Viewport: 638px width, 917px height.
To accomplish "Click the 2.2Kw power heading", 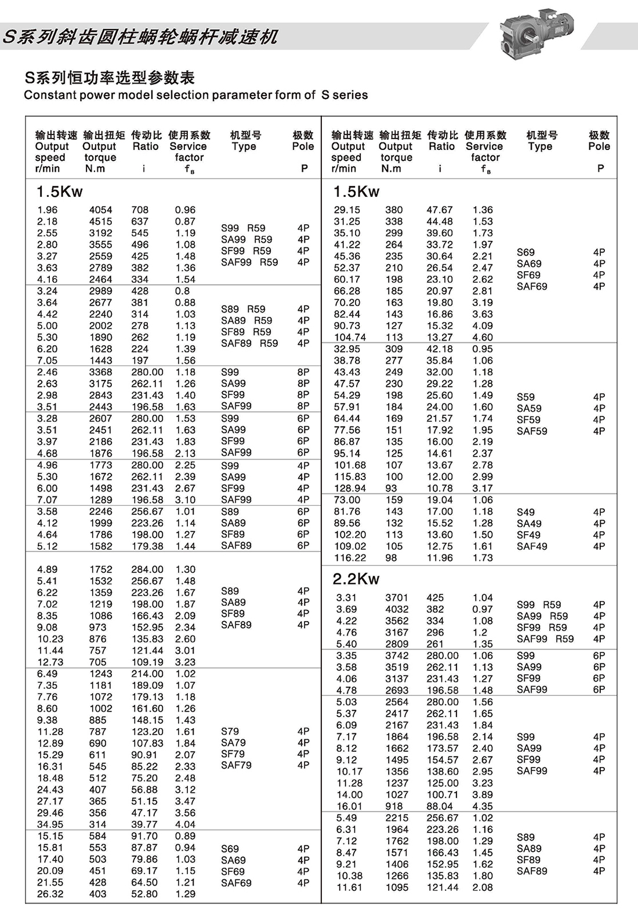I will tap(356, 579).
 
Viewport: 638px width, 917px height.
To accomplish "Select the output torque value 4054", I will tap(100, 210).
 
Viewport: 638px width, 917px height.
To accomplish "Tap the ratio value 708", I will tap(140, 210).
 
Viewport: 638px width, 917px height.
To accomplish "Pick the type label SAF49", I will tap(532, 546).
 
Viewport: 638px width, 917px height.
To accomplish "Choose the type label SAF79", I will tap(236, 765).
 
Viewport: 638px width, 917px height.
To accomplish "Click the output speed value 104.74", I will tap(350, 337).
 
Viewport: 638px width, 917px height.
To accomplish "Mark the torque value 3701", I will tap(397, 597).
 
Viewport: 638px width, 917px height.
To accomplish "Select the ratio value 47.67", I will tap(440, 210).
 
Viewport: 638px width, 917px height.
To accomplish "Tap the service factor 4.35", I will tap(483, 806).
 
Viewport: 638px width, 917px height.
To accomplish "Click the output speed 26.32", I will tap(50, 894).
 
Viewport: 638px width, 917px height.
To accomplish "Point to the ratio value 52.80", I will tap(144, 894).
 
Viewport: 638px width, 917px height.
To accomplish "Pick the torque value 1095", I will tap(397, 887).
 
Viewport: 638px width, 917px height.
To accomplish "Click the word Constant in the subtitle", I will tap(48, 95).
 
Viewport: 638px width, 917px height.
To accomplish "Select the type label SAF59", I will tap(532, 431).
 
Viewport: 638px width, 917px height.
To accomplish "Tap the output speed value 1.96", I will tap(47, 210).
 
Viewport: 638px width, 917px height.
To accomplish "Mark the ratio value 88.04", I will tap(440, 806).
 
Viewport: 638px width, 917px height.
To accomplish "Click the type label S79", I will tap(230, 731).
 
